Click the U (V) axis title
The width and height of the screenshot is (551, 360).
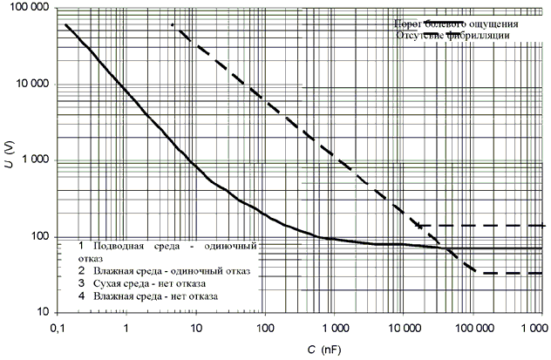10,161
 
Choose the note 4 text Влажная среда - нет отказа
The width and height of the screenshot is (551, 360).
152,297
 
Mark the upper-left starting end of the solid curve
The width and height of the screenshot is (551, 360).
66,24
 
